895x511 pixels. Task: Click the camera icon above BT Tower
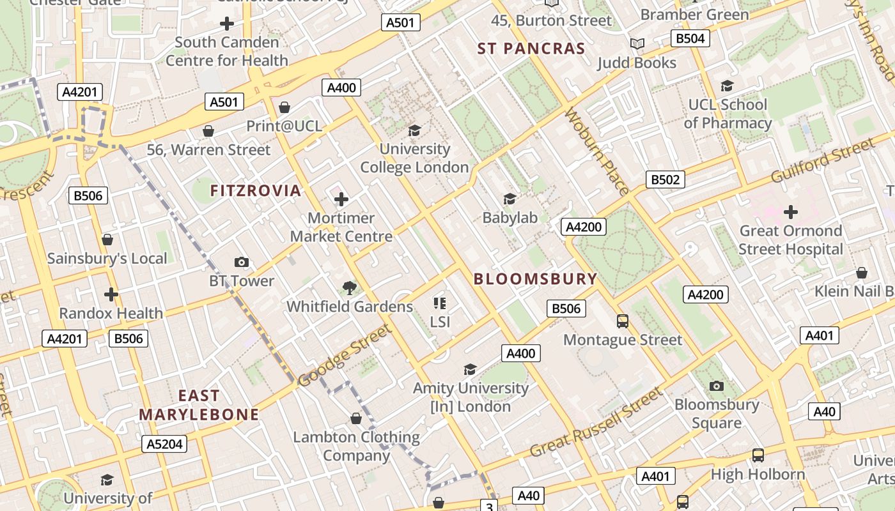(241, 262)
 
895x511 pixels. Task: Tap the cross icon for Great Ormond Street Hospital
(791, 211)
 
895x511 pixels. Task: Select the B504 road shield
(690, 38)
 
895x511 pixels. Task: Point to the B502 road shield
(665, 179)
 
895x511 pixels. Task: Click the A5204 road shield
(165, 444)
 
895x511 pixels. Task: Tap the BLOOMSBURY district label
(535, 279)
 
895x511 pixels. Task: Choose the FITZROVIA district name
(256, 190)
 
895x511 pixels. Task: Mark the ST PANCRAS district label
(531, 49)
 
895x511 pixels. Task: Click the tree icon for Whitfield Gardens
(349, 287)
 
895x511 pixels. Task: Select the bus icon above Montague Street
(622, 321)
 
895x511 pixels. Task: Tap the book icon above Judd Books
(637, 43)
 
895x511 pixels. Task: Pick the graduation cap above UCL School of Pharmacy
(727, 86)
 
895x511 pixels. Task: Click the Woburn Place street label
(596, 151)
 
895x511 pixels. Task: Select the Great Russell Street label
(596, 423)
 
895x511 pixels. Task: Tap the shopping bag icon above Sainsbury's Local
(107, 240)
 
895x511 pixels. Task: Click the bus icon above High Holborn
(758, 455)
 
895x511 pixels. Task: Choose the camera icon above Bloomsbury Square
(717, 386)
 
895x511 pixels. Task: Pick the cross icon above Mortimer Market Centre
(341, 199)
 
